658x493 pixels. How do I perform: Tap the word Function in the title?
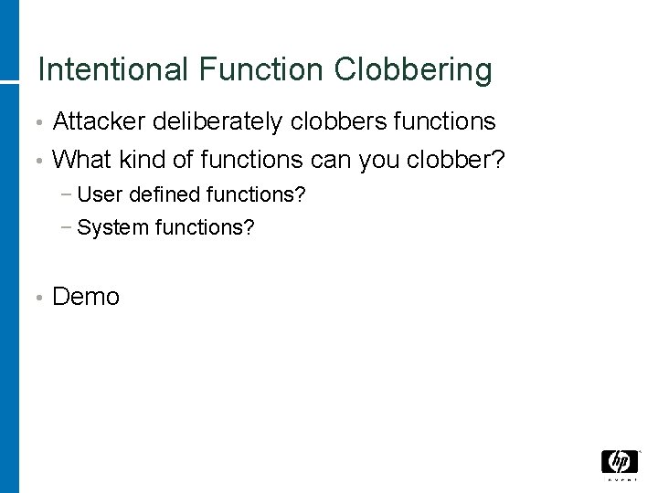coord(260,70)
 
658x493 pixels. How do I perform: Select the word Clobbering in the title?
coord(414,70)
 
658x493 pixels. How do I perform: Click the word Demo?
coord(86,297)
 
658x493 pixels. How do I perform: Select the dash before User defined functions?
coord(69,195)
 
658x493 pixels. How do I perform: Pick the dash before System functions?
coord(69,228)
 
